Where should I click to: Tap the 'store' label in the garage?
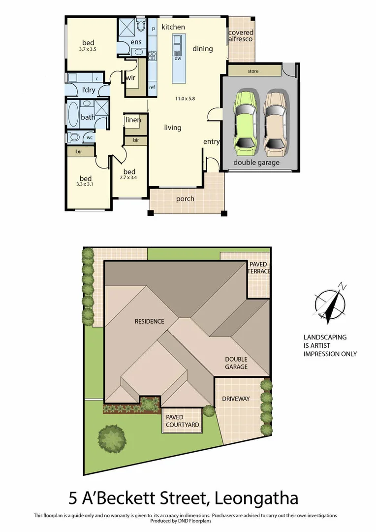coord(253,71)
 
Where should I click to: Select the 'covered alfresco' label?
coord(241,36)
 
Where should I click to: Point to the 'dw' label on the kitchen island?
coord(178,58)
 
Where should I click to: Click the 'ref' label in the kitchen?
coord(152,87)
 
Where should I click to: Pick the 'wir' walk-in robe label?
coord(130,78)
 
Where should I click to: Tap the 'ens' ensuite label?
coord(136,42)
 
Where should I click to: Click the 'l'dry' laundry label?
coord(89,90)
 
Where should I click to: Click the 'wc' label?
coord(90,137)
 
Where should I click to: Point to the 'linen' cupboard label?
coord(133,120)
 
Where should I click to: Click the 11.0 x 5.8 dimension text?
coord(185,99)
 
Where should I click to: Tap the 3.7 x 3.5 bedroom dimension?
coord(87,50)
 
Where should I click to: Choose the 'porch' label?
coord(185,199)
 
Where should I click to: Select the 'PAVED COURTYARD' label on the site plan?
coord(182,421)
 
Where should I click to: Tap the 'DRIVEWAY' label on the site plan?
coord(236,399)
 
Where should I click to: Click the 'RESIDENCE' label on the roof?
coord(150,321)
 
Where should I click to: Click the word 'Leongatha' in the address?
coord(256,498)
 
